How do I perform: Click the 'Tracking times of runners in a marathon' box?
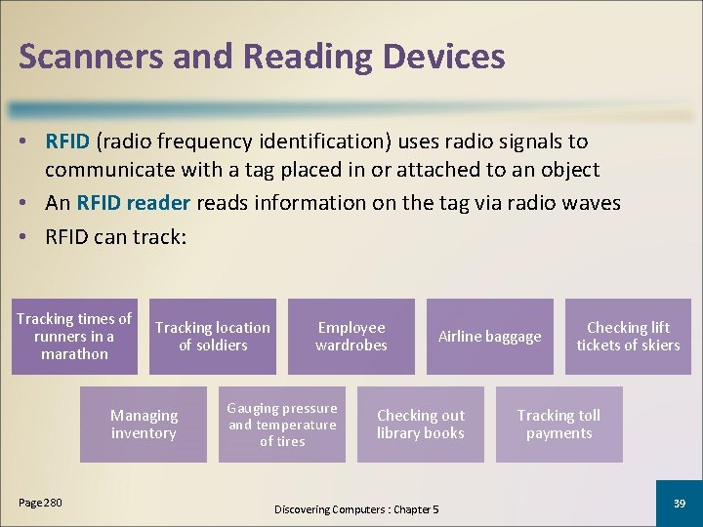pos(74,336)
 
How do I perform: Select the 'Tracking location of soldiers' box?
pos(213,336)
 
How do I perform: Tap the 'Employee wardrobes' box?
pos(351,336)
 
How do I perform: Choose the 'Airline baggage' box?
pos(489,336)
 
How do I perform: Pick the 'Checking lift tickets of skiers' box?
pos(628,336)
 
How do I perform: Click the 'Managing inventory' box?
pos(144,424)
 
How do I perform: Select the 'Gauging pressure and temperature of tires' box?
pos(282,424)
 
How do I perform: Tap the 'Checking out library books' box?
pos(421,424)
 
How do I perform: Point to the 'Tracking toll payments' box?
pos(558,424)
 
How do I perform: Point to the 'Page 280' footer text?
pos(40,502)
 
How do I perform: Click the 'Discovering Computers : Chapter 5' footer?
pos(356,509)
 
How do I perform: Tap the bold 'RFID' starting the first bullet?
pos(67,142)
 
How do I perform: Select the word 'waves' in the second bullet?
pos(591,203)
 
